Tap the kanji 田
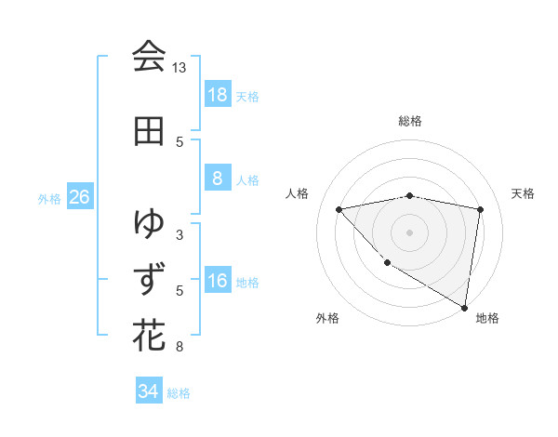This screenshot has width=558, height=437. [x=149, y=131]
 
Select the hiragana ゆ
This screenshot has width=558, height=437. [x=149, y=223]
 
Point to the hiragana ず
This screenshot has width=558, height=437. [x=149, y=277]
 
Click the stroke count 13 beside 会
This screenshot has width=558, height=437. [x=179, y=68]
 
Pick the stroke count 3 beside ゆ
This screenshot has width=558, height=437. [x=179, y=234]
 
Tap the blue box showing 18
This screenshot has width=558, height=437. [x=217, y=95]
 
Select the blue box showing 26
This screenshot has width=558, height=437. [x=79, y=197]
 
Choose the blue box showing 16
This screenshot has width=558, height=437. [x=217, y=282]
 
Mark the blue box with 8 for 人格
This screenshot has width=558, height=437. [x=217, y=179]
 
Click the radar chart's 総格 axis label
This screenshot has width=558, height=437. [x=410, y=121]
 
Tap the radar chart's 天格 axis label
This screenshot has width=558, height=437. [x=524, y=193]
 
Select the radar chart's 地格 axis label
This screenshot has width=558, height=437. [x=487, y=318]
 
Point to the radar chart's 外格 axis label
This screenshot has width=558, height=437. [x=327, y=318]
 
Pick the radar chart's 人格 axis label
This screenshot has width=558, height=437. [x=298, y=193]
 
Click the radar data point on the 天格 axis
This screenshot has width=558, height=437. [x=480, y=209]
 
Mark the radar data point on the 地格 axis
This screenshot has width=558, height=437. [x=464, y=307]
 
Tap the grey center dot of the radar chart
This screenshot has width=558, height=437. [x=409, y=232]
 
